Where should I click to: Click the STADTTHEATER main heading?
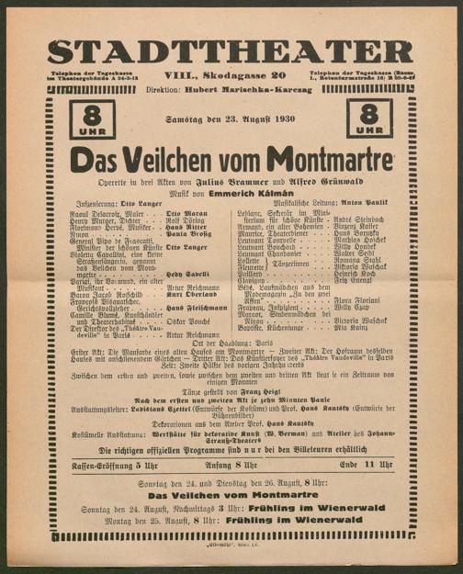[231, 51]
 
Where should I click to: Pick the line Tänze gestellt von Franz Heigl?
[231, 389]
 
